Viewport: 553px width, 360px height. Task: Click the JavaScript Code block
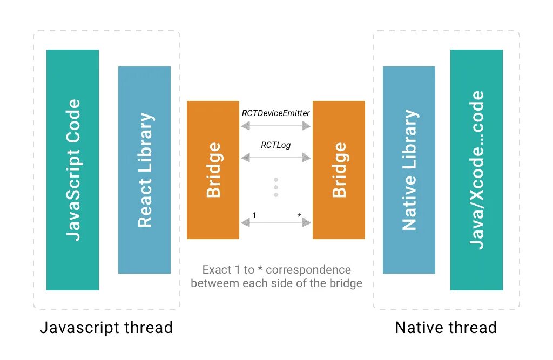tap(72, 170)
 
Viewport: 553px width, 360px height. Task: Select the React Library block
tap(144, 170)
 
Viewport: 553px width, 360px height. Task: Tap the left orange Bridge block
tap(213, 170)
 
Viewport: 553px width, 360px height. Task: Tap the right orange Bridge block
tap(339, 170)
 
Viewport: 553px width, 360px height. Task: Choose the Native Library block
tap(409, 170)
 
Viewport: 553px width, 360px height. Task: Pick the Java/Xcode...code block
tap(476, 170)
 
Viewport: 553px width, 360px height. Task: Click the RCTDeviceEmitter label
tap(275, 113)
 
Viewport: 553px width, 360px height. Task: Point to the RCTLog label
tap(275, 145)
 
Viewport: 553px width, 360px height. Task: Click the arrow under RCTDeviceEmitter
tap(276, 126)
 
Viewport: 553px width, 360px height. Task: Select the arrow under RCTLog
tap(276, 157)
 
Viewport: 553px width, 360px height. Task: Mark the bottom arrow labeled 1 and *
tap(276, 222)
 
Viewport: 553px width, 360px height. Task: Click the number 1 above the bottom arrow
tap(254, 215)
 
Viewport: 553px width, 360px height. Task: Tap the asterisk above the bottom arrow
tap(299, 216)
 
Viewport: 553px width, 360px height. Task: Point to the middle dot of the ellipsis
tap(276, 187)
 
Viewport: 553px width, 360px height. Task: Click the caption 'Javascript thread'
tap(106, 328)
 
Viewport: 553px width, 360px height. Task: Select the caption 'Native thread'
tap(446, 328)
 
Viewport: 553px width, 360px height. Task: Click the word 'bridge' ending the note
tap(346, 283)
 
